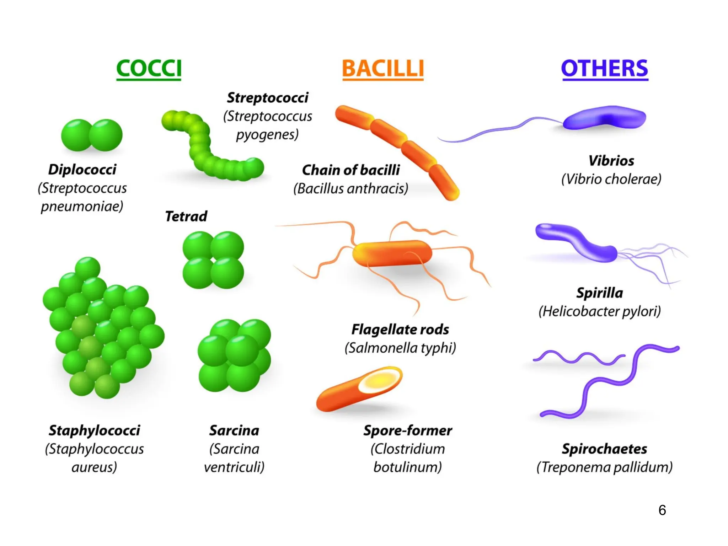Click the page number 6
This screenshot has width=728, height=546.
point(662,510)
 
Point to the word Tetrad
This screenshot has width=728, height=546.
point(186,216)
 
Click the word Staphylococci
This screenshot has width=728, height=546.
point(94,430)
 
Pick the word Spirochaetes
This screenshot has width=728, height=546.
point(604,449)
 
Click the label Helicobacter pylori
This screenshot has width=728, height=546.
point(600,311)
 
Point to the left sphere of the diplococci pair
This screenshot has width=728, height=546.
point(76,135)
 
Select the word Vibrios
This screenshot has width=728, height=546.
point(611,161)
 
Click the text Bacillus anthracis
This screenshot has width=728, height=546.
point(351,188)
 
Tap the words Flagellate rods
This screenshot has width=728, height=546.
point(400,329)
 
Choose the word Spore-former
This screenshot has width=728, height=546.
point(407,430)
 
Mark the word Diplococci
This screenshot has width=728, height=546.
point(82,170)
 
